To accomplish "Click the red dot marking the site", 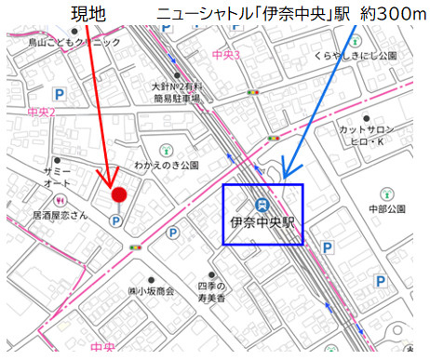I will click(119, 193).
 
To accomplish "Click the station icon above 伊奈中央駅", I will click(262, 205).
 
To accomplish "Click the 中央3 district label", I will click(226, 55).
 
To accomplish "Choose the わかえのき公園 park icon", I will click(166, 149).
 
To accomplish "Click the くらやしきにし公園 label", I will click(355, 56).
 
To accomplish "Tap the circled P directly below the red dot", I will click(115, 220).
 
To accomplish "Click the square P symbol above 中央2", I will click(59, 94).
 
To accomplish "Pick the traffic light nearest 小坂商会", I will click(137, 247).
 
